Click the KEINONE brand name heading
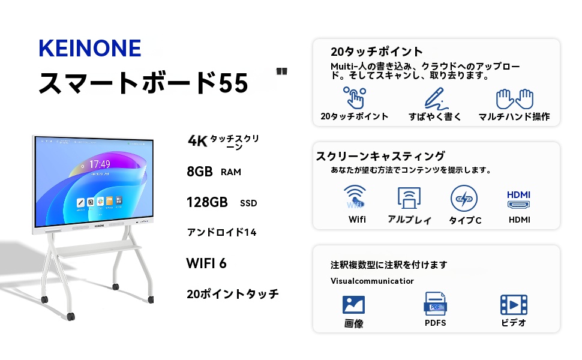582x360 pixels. (89, 48)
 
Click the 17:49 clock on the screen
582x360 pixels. (100, 164)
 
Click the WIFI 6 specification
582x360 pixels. (206, 263)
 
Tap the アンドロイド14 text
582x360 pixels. (221, 232)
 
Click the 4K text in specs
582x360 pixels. (197, 141)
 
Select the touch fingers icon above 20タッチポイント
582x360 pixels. (354, 97)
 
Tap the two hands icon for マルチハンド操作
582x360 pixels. (514, 98)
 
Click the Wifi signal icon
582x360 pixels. (355, 197)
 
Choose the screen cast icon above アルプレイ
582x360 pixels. (409, 198)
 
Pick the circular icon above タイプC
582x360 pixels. (464, 198)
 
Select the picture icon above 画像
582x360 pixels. (353, 304)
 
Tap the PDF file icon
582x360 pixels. (435, 304)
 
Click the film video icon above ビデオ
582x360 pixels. (514, 304)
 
